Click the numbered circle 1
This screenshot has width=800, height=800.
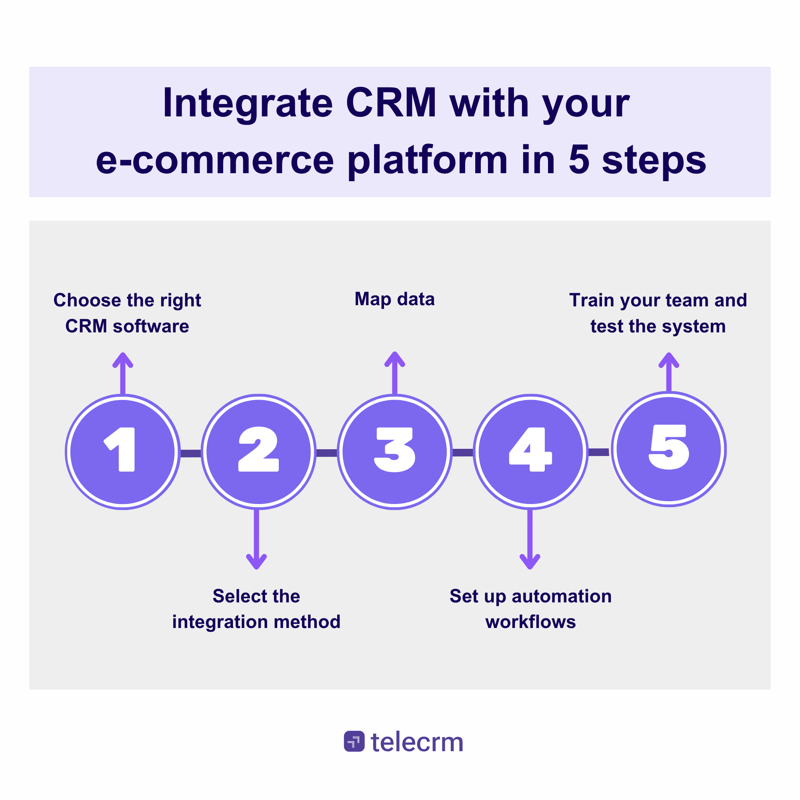pos(122,452)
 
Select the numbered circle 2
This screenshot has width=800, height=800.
pos(258,452)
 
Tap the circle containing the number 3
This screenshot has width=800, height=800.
pos(395,452)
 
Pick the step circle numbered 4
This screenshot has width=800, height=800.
pos(530,452)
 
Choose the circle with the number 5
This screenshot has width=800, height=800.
pos(669,449)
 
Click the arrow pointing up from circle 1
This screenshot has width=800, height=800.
pos(122,373)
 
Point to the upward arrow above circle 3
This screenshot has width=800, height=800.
pos(395,372)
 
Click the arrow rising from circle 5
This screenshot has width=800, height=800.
pos(669,372)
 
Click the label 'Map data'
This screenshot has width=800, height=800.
pos(395,299)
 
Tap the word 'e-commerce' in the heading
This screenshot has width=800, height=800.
pos(214,161)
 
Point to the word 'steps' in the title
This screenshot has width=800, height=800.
pos(654,161)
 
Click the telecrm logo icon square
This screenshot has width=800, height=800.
pos(354,741)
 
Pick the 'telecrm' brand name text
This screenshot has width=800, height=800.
pos(417,742)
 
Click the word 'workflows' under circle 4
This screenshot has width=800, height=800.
pos(530,622)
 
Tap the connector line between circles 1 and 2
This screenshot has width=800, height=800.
pos(190,453)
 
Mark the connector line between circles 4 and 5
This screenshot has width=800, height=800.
pos(598,452)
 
